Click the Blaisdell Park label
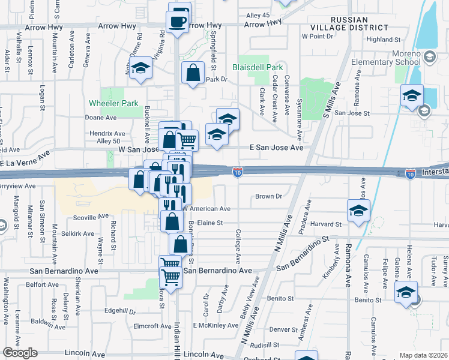pyautogui.click(x=258, y=68)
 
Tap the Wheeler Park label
pyautogui.click(x=113, y=103)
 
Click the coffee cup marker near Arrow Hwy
pyautogui.click(x=178, y=21)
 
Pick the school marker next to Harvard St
pyautogui.click(x=358, y=211)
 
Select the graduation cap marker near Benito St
pyautogui.click(x=406, y=293)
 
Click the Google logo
pyautogui.click(x=20, y=353)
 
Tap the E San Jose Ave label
pyautogui.click(x=276, y=147)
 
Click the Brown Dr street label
pyautogui.click(x=268, y=196)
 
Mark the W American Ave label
pyautogui.click(x=206, y=209)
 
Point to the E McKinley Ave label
pyautogui.click(x=216, y=325)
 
